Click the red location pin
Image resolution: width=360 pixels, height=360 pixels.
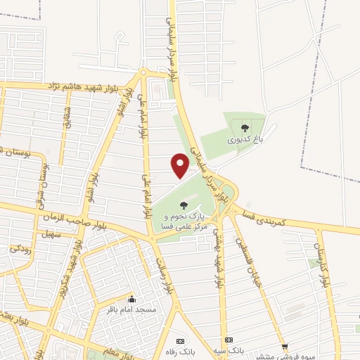tap(181, 165)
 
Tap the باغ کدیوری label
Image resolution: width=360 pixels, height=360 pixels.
tap(245, 140)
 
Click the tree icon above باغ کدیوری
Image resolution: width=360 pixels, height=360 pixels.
tap(245, 128)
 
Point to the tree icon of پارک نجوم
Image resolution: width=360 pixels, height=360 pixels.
tap(184, 205)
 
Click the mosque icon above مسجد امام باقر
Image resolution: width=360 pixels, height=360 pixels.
tap(131, 298)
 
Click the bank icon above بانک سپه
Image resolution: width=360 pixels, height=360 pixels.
tap(227, 339)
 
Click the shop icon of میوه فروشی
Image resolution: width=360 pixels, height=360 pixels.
tap(285, 346)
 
